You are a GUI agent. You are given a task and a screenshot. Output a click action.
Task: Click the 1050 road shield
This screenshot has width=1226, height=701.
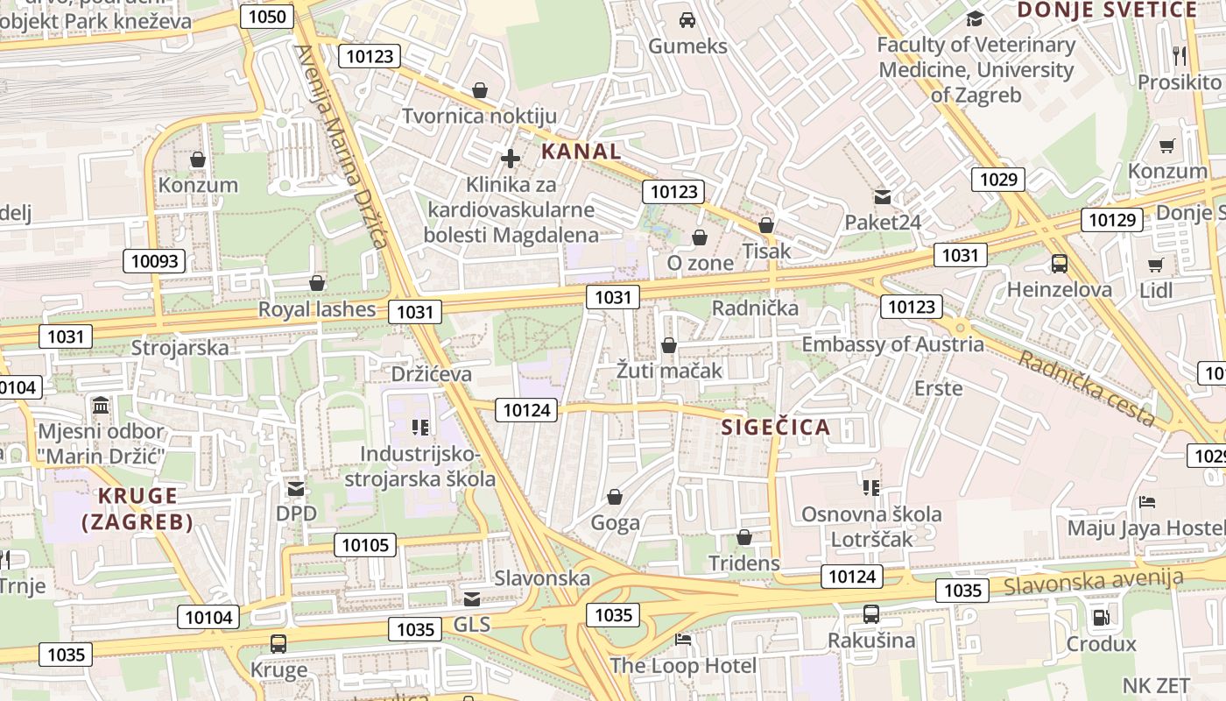click(x=267, y=17)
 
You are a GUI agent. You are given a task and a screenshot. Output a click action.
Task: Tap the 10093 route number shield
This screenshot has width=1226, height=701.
click(x=154, y=260)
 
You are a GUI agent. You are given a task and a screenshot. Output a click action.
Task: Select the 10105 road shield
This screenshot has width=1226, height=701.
click(x=365, y=545)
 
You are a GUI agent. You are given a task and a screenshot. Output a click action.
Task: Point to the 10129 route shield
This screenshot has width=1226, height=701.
click(x=1112, y=220)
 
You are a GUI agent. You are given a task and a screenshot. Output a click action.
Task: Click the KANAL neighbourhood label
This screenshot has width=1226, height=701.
click(x=581, y=151)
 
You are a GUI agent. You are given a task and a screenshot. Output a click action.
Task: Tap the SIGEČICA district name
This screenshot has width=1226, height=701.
click(x=775, y=428)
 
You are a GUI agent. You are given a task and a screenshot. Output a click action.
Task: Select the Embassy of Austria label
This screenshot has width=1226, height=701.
click(x=892, y=344)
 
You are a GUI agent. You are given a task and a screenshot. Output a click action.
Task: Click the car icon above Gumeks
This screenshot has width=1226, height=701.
click(x=687, y=19)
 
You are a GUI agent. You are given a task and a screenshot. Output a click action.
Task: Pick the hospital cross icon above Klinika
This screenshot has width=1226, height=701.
click(x=511, y=159)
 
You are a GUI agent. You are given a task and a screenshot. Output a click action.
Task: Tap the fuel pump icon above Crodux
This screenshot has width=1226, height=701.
click(x=1101, y=617)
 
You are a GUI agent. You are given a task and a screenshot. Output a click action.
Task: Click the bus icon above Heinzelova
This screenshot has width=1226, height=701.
click(x=1059, y=263)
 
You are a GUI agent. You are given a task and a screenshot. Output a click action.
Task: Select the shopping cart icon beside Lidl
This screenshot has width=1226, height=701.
click(x=1155, y=265)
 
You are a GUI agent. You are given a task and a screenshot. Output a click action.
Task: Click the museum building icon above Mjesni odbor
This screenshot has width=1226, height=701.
click(x=101, y=406)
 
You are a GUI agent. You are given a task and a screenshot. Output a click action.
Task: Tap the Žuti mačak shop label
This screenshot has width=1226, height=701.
click(x=670, y=371)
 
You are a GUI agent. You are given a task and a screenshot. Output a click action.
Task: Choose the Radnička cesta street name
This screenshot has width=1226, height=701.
click(x=1085, y=388)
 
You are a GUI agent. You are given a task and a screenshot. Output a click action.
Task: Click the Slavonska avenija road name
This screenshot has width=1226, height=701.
click(x=1094, y=580)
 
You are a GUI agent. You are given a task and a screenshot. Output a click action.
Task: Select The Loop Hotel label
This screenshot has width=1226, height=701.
click(x=683, y=666)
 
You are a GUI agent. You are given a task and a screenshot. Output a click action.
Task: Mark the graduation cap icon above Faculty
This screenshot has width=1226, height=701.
click(x=975, y=19)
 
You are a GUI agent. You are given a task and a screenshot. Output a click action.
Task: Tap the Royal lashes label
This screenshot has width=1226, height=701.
click(x=316, y=309)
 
